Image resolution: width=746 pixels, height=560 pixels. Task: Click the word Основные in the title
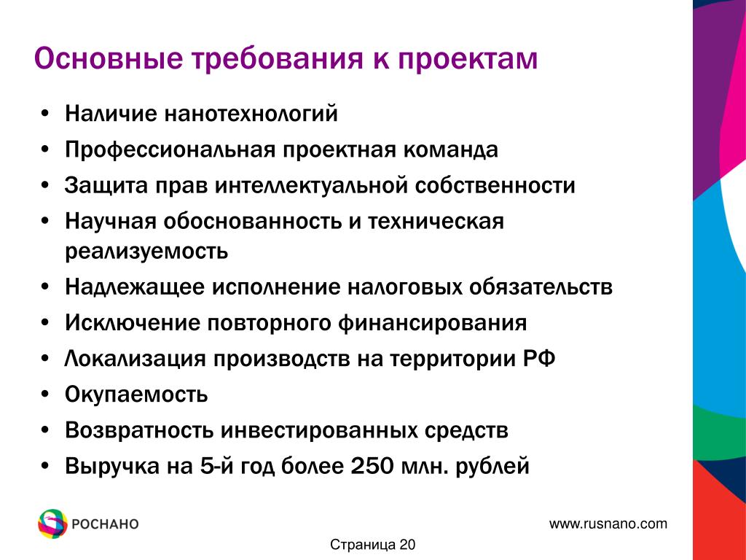[109, 58]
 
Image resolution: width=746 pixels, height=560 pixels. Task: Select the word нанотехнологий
[251, 114]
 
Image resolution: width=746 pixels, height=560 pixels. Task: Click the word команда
[450, 149]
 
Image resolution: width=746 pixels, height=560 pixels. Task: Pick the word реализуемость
[146, 251]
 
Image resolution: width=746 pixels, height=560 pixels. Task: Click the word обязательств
[541, 287]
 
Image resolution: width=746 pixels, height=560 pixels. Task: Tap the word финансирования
[433, 323]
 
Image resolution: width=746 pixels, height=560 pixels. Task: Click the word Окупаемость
[136, 394]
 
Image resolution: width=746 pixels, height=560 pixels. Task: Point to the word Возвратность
[139, 430]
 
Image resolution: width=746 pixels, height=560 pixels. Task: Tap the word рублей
[492, 466]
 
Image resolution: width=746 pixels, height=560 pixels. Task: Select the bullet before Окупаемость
[45, 394]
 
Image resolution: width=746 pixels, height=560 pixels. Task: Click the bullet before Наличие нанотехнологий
[45, 114]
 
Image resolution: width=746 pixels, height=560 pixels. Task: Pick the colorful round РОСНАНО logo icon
[52, 524]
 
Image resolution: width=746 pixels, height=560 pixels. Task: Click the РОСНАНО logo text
[105, 524]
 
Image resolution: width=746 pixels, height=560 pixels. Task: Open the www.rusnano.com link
[608, 524]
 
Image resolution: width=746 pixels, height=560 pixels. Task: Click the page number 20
[407, 545]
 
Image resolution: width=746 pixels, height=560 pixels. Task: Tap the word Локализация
[135, 359]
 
